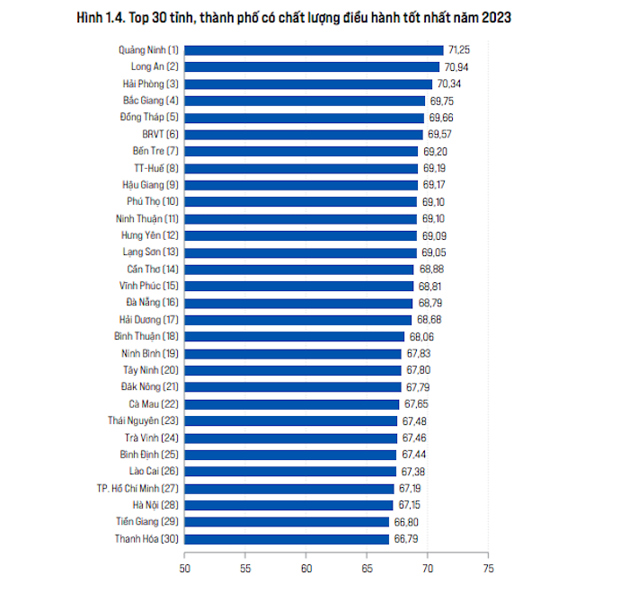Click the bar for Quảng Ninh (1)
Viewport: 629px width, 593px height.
pos(314,50)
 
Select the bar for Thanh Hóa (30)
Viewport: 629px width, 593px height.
pos(288,539)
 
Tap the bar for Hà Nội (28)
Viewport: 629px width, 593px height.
pos(289,505)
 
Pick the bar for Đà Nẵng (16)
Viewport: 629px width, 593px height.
pos(299,303)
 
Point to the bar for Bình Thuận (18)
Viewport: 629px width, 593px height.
pos(295,337)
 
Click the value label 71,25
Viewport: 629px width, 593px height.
pos(459,50)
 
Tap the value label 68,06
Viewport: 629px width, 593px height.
pos(421,337)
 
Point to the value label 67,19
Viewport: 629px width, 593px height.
pos(411,488)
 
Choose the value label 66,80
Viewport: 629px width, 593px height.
pos(405,522)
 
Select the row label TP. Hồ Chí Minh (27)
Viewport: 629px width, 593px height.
pos(137,488)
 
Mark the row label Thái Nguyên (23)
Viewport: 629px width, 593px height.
pos(144,420)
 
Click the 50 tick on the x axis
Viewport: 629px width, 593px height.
pos(185,568)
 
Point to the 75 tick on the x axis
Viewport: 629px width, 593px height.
pos(487,568)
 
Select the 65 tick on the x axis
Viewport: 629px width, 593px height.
pos(367,568)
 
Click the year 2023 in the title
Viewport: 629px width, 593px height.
pos(495,17)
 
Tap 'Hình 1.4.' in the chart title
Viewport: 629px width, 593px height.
pos(102,17)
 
